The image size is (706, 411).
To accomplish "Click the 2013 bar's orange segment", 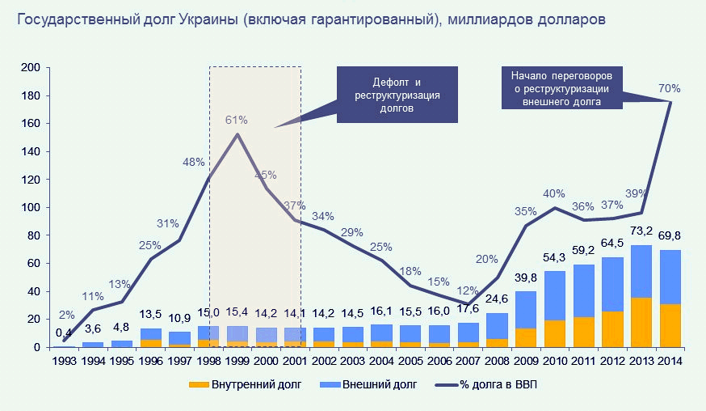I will (x=641, y=323).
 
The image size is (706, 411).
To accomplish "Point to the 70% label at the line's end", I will (x=669, y=88).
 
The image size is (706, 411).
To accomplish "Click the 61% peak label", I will (x=236, y=120).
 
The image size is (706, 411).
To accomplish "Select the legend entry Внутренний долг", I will (x=251, y=385).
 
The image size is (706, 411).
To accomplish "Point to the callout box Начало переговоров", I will (x=560, y=87).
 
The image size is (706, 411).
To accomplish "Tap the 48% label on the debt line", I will (x=194, y=162).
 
